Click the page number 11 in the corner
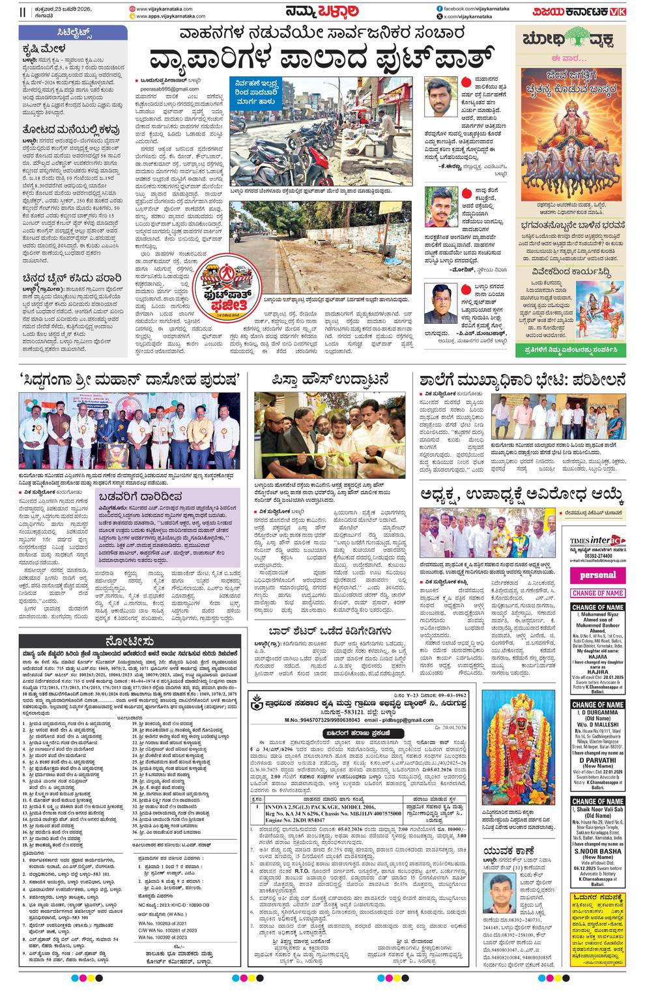coord(6,12)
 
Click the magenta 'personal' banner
coord(597,575)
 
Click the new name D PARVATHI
coord(597,760)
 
